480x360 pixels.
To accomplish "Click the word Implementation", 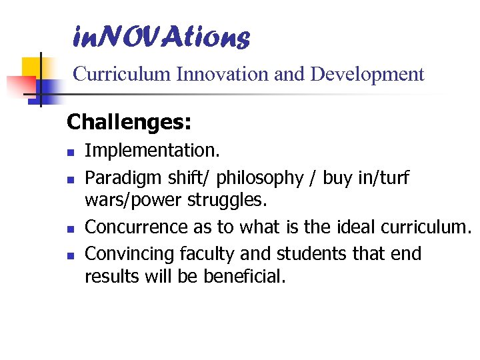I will [142, 151].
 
